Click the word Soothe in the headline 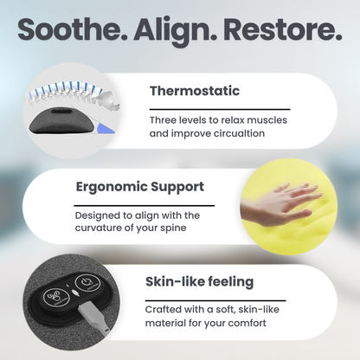70,31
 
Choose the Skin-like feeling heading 200,281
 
